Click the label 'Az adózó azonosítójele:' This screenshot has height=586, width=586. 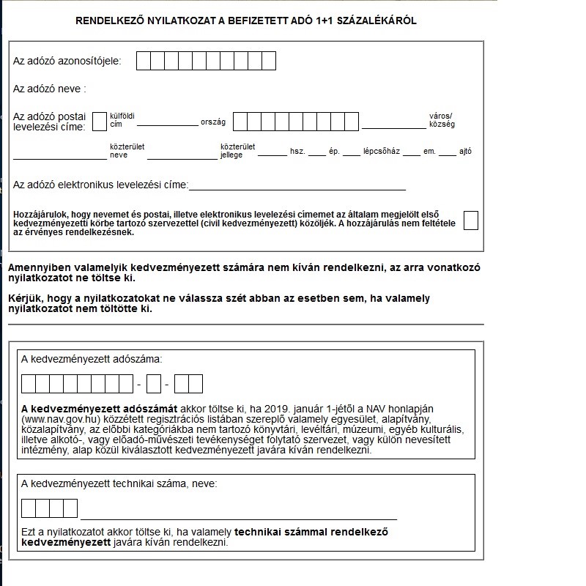(67, 61)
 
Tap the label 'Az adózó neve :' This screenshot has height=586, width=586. (50, 89)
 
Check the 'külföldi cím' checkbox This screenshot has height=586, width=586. (100, 121)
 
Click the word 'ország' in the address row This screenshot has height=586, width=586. (213, 122)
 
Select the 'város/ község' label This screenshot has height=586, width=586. (442, 120)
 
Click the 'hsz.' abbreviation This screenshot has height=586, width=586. (297, 152)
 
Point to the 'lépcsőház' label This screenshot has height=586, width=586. (381, 152)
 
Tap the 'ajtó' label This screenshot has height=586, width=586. (465, 152)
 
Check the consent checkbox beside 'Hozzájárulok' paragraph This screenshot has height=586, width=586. (470, 220)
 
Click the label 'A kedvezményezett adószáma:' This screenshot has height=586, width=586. (92, 359)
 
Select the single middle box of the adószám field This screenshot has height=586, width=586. (153, 384)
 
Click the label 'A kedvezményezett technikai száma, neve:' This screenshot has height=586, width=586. (119, 483)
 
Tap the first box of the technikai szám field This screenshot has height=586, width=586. (29, 508)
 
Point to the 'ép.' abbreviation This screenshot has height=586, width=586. (334, 152)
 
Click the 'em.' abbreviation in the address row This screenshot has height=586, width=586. (429, 152)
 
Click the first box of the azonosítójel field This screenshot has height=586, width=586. (144, 61)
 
